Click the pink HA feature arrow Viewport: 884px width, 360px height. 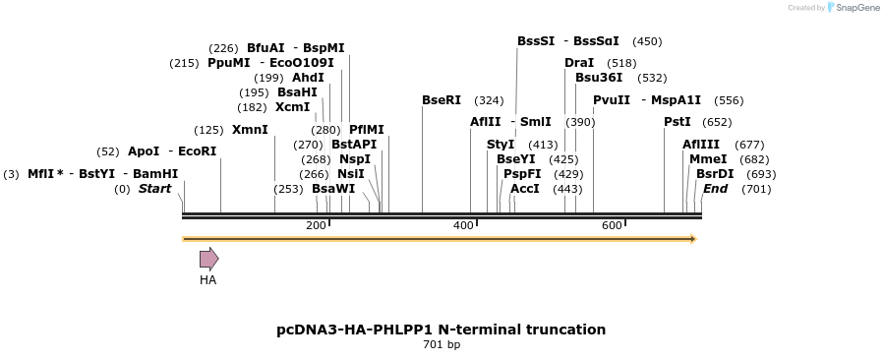pos(208,259)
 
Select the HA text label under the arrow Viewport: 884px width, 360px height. pos(207,280)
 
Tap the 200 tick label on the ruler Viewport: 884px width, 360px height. pos(316,226)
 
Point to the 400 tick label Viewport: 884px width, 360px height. pos(463,226)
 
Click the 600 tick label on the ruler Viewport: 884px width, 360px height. pos(612,226)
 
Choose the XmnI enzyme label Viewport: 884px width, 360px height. pos(250,130)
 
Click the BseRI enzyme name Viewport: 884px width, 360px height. pos(442,100)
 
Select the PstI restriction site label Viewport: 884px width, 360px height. pos(678,122)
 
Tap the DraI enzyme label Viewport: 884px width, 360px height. pos(579,63)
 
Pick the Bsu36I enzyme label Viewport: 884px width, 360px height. pos(599,78)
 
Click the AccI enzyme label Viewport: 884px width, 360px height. pos(525,189)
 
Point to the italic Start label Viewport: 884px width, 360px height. pos(154,189)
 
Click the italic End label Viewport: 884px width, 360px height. pos(715,189)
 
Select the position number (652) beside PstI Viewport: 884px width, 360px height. pos(718,122)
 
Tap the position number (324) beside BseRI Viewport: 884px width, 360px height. pos(489,100)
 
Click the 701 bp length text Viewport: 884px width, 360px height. pos(442,344)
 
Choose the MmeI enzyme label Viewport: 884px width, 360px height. pos(708,159)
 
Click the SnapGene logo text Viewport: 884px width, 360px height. pos(852,8)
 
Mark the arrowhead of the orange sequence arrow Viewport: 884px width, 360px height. pos(693,239)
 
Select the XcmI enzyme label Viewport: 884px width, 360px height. pos(292,107)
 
